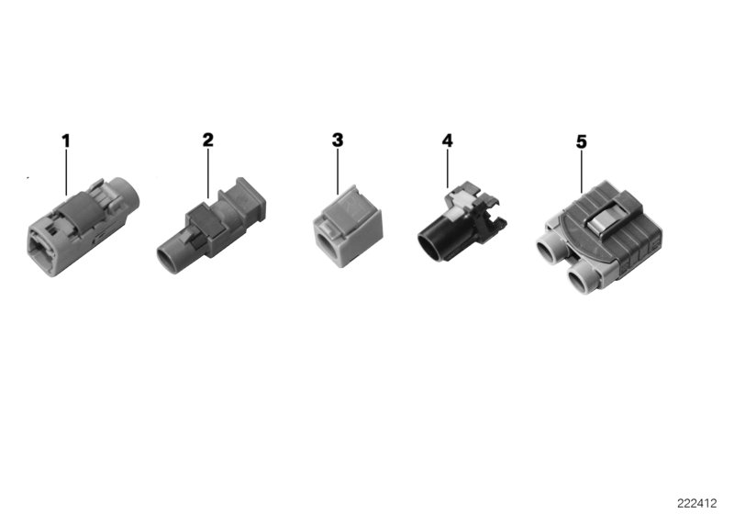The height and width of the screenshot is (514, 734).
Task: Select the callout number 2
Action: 207,140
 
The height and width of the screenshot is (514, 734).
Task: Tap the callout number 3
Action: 338,140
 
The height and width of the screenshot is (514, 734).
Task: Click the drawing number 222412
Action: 697,503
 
